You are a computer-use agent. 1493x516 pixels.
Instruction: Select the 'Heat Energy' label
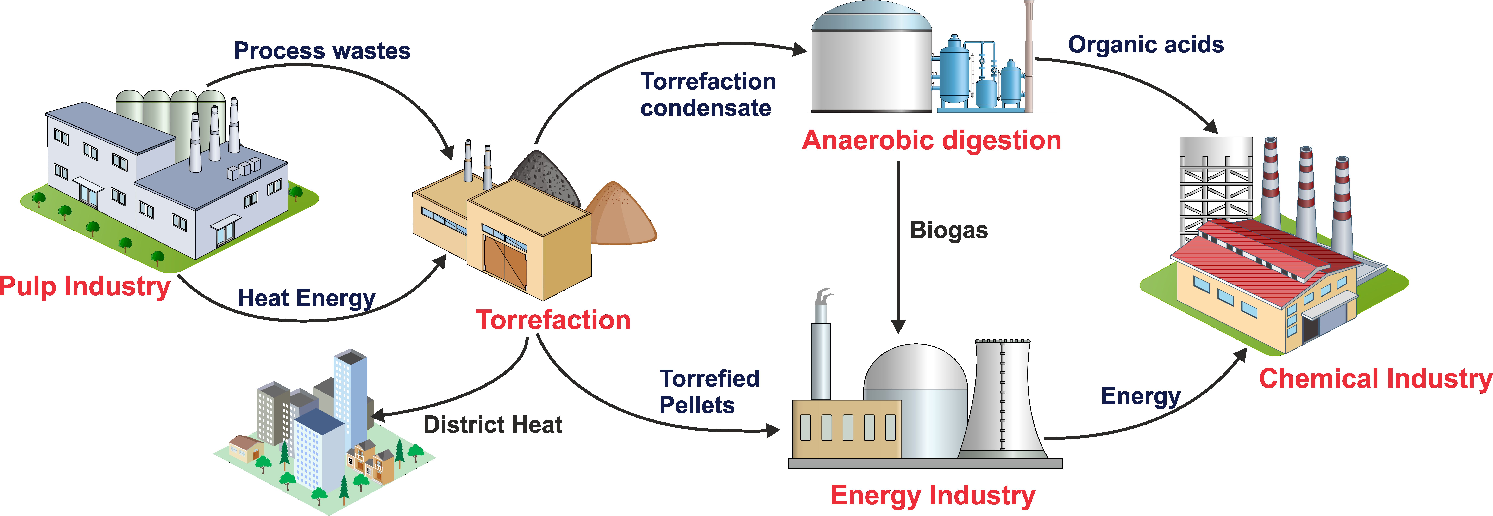point(307,298)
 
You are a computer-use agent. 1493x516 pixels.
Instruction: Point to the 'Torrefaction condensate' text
point(707,94)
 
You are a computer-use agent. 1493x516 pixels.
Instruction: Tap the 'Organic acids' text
point(1146,45)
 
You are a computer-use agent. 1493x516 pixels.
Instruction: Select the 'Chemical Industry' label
point(1375,379)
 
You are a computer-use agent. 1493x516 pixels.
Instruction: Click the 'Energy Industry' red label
point(933,496)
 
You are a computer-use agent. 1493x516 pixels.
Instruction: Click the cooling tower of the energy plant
point(1003,400)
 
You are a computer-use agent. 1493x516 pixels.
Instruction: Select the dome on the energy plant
point(916,371)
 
